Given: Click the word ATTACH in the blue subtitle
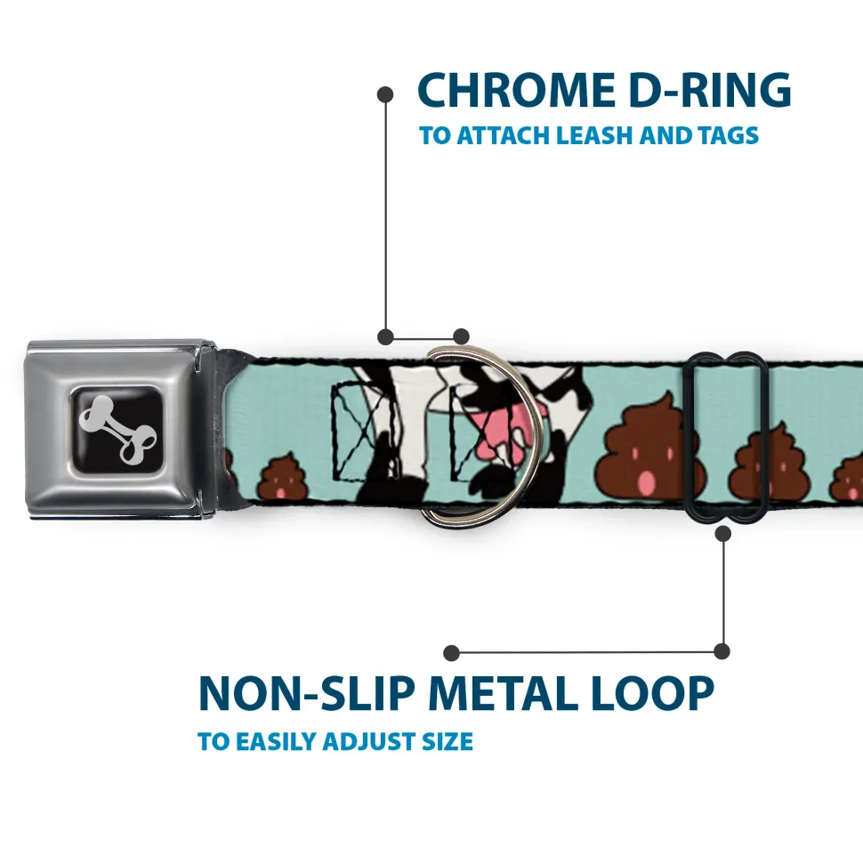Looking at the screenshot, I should pyautogui.click(x=500, y=136).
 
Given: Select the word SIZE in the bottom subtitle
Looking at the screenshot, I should pyautogui.click(x=448, y=741).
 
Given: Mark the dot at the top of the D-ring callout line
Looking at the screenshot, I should pyautogui.click(x=385, y=93).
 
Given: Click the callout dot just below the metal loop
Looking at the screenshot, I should pyautogui.click(x=722, y=533).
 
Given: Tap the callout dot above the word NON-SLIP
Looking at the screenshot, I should pyautogui.click(x=452, y=653).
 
